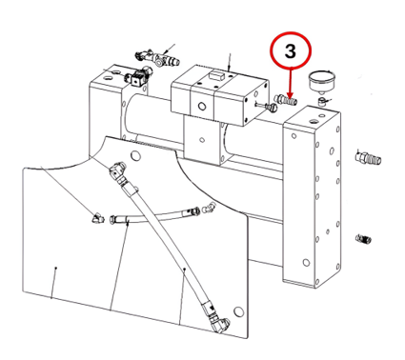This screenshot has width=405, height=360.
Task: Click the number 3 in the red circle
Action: coord(291,50)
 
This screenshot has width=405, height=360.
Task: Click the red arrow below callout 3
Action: coord(290,82)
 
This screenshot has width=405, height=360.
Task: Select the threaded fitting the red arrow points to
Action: coord(286,100)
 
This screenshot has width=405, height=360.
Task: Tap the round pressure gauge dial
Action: coord(322,81)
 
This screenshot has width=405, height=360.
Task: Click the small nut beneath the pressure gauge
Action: coord(323,102)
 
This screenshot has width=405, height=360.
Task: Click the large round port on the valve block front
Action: coord(202,106)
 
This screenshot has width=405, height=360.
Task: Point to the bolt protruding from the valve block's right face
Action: coord(266,107)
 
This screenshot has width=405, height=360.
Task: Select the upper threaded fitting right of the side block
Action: coord(368,158)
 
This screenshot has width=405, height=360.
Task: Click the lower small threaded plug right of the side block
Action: coord(364,238)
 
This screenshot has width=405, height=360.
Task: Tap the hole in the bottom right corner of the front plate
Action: coord(238,311)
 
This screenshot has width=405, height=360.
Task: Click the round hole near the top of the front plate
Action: coord(135,156)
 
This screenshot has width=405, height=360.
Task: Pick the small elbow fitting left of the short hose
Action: coord(98,218)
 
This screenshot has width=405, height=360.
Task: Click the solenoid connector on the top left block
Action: coord(139,77)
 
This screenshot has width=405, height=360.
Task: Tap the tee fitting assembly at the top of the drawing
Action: coord(157,57)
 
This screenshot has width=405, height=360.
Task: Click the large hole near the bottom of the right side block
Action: coord(306,263)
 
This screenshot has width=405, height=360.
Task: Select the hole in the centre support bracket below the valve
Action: coord(201,139)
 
